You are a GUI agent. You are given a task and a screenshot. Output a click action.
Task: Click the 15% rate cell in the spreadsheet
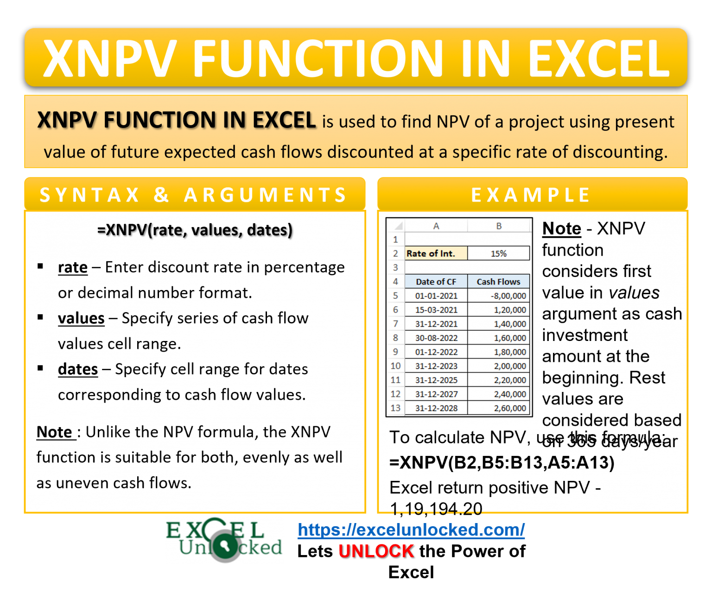(x=498, y=253)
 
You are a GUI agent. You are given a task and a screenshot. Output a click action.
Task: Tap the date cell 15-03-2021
(x=436, y=309)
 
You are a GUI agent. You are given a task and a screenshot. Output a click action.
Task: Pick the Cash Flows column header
(x=498, y=282)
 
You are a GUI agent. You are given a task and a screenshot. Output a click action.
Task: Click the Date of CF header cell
(x=436, y=282)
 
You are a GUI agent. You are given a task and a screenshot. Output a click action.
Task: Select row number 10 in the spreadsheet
(x=395, y=366)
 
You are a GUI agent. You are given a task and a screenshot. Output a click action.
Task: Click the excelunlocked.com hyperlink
(x=411, y=530)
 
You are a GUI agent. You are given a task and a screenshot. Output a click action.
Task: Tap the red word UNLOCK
(x=376, y=551)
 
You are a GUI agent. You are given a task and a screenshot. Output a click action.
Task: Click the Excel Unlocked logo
(x=224, y=540)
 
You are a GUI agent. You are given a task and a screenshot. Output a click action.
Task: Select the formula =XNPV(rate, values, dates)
(x=195, y=230)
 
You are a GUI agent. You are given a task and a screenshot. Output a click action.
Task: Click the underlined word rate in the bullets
(x=73, y=267)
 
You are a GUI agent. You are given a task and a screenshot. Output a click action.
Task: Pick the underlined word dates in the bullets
(x=78, y=369)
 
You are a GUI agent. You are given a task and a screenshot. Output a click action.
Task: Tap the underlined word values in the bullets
(x=81, y=318)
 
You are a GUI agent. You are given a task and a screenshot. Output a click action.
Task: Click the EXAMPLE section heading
(x=531, y=195)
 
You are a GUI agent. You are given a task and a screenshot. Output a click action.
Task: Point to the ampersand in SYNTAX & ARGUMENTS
(x=161, y=195)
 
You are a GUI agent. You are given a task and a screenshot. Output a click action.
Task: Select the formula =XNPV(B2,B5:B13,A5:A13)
(x=502, y=462)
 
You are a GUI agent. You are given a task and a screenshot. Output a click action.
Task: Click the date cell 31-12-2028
(x=436, y=408)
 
